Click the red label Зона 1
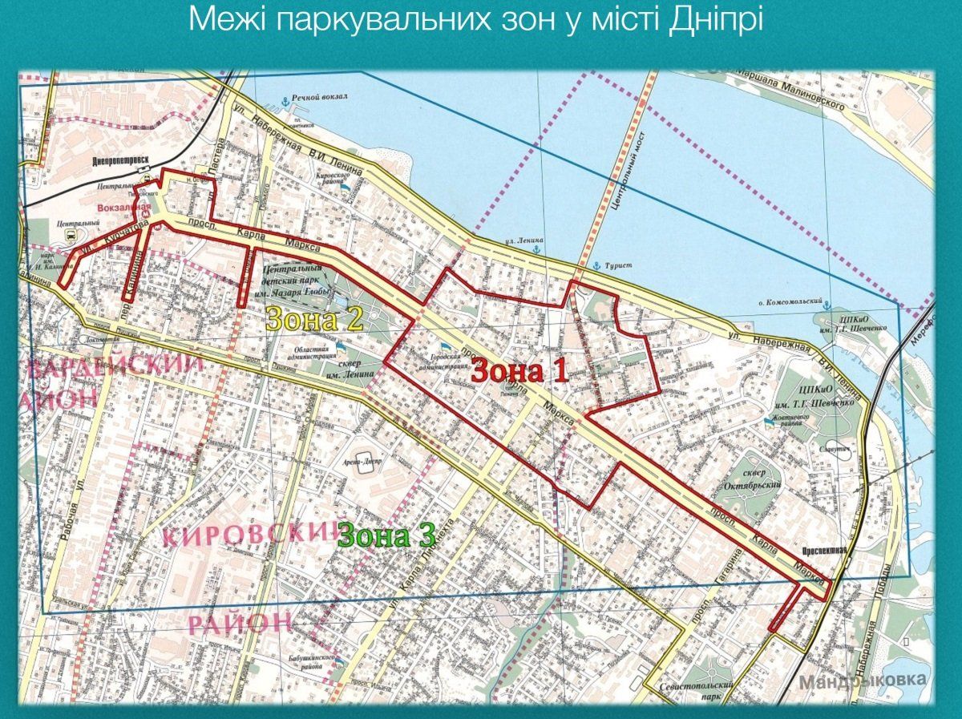click(x=519, y=370)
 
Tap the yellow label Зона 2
click(x=315, y=321)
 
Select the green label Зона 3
click(x=386, y=535)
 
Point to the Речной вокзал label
click(x=320, y=97)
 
